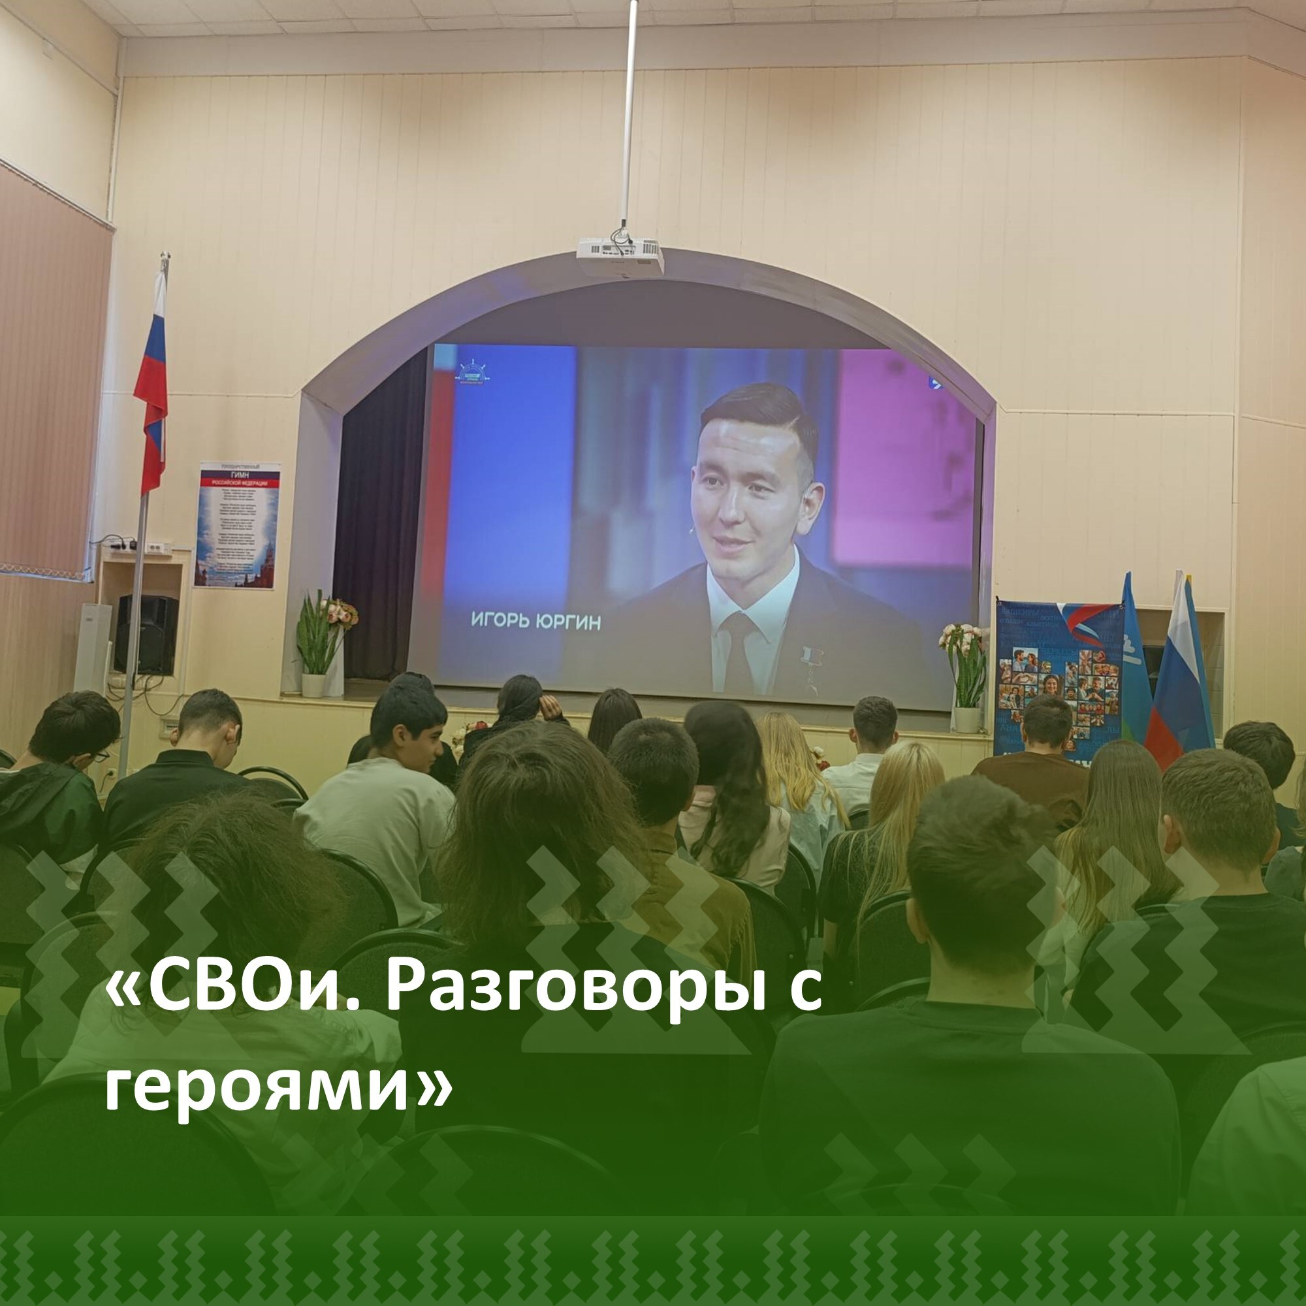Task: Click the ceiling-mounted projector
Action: [620, 257]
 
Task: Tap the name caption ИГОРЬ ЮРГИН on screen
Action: [535, 621]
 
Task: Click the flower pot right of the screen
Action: [966, 718]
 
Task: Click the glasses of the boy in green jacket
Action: [99, 756]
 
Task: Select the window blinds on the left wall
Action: [51, 379]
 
